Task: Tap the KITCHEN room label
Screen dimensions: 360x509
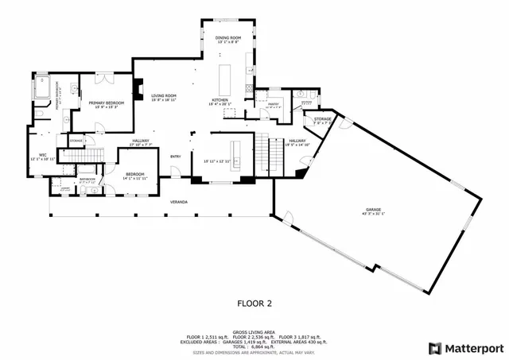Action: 219,100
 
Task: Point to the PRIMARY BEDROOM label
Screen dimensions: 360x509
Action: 104,103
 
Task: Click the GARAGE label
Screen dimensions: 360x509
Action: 373,210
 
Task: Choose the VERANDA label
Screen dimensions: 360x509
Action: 179,202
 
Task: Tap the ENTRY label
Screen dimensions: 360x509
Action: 175,156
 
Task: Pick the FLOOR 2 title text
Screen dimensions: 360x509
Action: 254,303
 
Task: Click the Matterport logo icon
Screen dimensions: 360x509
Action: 433,347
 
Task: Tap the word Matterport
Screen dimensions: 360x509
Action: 473,347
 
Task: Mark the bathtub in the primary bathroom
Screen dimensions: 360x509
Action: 45,85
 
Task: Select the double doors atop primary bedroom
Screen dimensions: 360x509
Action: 103,77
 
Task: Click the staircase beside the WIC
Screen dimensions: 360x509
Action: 94,155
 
